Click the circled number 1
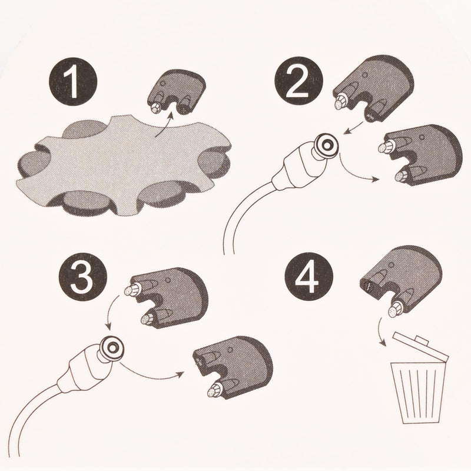tap(73, 81)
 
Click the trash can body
tap(417, 393)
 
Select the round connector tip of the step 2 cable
tap(325, 145)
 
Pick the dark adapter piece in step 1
tap(177, 92)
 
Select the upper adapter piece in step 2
tap(373, 89)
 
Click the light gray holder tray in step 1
tap(123, 165)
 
